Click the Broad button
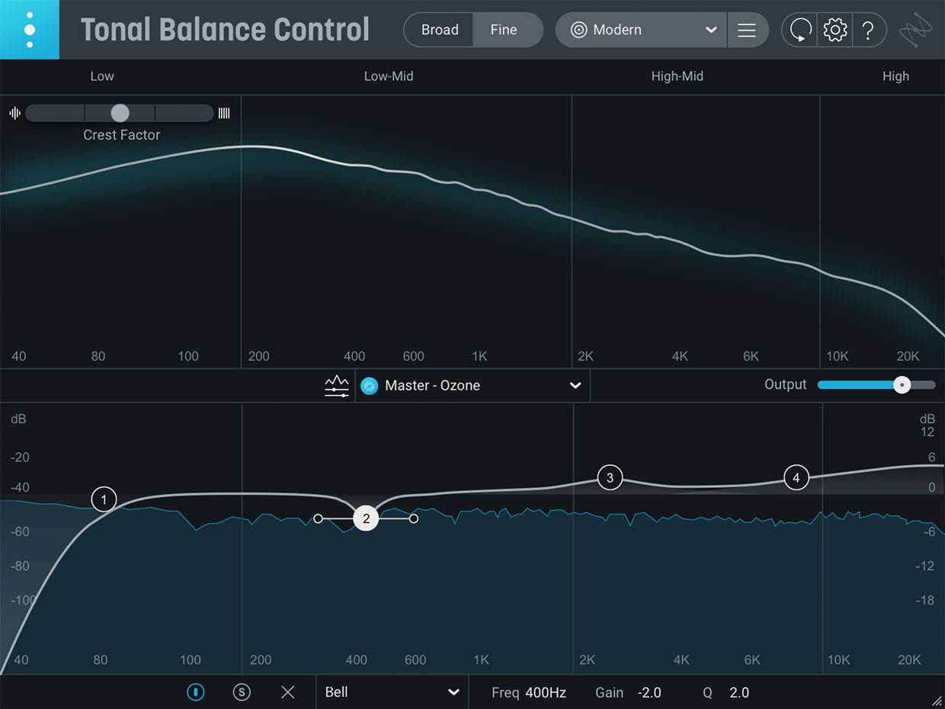(x=440, y=30)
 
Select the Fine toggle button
(x=504, y=30)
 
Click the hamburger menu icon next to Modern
(x=747, y=30)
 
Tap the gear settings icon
(x=835, y=30)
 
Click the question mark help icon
(x=868, y=30)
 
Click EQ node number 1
(x=104, y=499)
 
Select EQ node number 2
(x=367, y=518)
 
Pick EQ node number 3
(x=610, y=478)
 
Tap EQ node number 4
(x=796, y=478)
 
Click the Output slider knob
(x=902, y=385)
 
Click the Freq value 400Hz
(x=546, y=693)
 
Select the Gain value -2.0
(x=650, y=693)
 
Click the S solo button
(x=242, y=692)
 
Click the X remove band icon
(x=287, y=692)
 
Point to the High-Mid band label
(x=677, y=76)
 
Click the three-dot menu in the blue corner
(x=29, y=30)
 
